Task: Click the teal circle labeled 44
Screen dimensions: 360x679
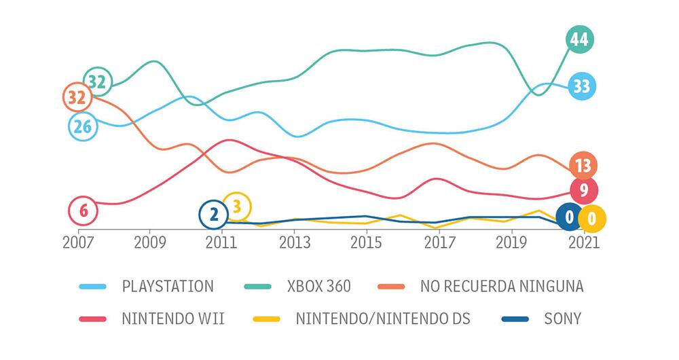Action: pyautogui.click(x=579, y=40)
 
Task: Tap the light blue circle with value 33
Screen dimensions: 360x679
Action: pyautogui.click(x=581, y=86)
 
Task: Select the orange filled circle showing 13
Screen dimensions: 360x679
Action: pyautogui.click(x=583, y=165)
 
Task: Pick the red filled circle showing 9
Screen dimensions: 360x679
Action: pyautogui.click(x=583, y=191)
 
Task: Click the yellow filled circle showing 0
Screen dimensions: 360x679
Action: pyautogui.click(x=591, y=219)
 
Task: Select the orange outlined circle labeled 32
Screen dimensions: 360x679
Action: pyautogui.click(x=77, y=98)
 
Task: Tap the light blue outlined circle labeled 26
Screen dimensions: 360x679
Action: pyautogui.click(x=83, y=126)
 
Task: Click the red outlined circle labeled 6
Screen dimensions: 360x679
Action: pyautogui.click(x=84, y=211)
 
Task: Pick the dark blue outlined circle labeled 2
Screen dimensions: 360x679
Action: pyautogui.click(x=214, y=215)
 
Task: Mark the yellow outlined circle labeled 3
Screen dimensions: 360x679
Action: pyautogui.click(x=237, y=206)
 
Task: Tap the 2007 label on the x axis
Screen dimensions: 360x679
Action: pyautogui.click(x=78, y=242)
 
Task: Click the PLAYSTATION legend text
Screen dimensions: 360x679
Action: pyautogui.click(x=167, y=286)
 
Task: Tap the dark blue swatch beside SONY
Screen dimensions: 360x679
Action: pyautogui.click(x=517, y=318)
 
